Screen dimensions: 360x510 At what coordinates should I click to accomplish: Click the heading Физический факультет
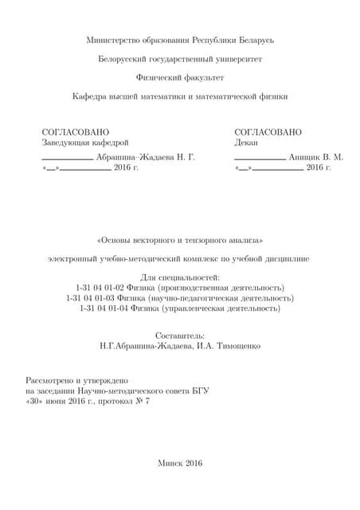coord(180,78)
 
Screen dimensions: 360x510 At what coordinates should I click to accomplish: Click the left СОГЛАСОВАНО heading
coord(76,131)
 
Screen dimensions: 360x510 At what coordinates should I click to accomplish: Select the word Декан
coord(247,143)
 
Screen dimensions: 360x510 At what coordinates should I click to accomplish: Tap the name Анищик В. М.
coord(316,157)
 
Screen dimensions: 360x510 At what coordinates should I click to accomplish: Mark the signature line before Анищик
coord(260,159)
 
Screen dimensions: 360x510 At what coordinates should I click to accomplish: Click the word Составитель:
coord(180,336)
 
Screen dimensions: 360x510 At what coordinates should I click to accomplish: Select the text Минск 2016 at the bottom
coord(181,463)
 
